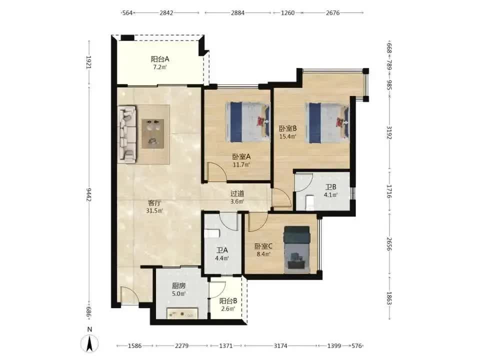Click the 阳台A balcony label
click(x=160, y=59)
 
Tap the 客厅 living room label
click(x=154, y=203)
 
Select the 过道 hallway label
click(x=237, y=194)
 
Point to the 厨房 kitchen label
click(x=178, y=286)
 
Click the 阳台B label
click(x=228, y=301)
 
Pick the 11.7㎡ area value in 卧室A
click(x=241, y=164)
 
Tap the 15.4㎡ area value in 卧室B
click(x=288, y=136)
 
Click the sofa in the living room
click(x=127, y=133)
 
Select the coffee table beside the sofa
click(x=153, y=134)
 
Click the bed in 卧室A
click(x=247, y=122)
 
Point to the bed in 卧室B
click(x=326, y=123)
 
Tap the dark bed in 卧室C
click(x=296, y=249)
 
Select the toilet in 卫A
click(x=212, y=233)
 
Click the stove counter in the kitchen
click(x=182, y=313)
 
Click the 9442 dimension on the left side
click(x=89, y=194)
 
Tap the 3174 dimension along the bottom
click(x=280, y=346)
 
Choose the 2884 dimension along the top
click(x=238, y=13)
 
